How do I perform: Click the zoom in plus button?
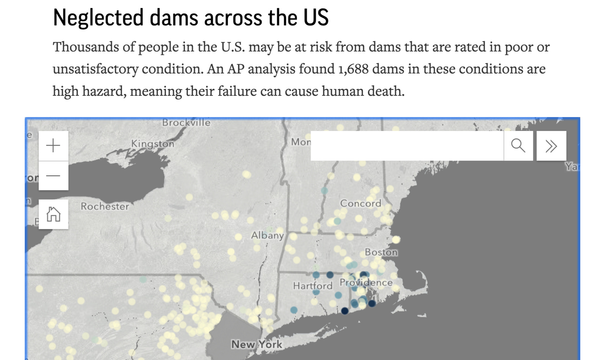coord(53,146)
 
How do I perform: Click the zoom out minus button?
coord(53,176)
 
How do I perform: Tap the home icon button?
coord(53,214)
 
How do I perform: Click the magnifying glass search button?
coord(518,146)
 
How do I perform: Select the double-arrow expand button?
coord(551,146)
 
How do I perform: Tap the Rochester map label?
coord(105,206)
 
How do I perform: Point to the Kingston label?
coord(153,143)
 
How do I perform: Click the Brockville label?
coord(186,122)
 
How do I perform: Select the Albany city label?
coord(267,235)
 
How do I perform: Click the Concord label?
coord(360,203)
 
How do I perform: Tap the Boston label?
coord(381,252)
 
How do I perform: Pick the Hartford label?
coord(313,286)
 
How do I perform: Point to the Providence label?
coord(366,283)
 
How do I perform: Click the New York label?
coord(256,344)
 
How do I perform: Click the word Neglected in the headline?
coord(98,18)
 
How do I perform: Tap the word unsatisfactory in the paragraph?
coord(95,69)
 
